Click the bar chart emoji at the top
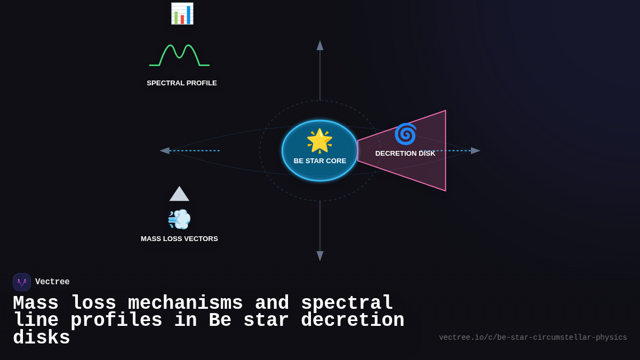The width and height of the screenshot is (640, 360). point(182,13)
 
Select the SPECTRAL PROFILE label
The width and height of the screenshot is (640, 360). point(182,83)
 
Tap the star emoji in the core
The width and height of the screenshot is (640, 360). point(319,141)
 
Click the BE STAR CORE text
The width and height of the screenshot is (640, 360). point(320,161)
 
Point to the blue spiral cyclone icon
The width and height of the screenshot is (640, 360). point(405,134)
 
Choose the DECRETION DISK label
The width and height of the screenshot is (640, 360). point(405,154)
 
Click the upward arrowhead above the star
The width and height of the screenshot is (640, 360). point(320,45)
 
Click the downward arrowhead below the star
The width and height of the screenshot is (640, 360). point(320,256)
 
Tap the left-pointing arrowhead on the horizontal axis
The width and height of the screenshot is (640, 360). point(165,151)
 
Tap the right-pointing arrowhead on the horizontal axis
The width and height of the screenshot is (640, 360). point(475,151)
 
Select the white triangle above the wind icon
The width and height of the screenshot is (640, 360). point(179,194)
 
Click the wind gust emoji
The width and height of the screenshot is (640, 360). point(179,219)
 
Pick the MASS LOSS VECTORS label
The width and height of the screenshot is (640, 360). point(179,239)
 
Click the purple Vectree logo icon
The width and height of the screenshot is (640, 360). point(22,282)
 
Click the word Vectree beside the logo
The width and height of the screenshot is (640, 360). point(52,282)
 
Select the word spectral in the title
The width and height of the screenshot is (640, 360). point(347,303)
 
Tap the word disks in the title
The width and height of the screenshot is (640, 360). point(42,338)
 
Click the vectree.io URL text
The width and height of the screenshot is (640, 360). point(533,338)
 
